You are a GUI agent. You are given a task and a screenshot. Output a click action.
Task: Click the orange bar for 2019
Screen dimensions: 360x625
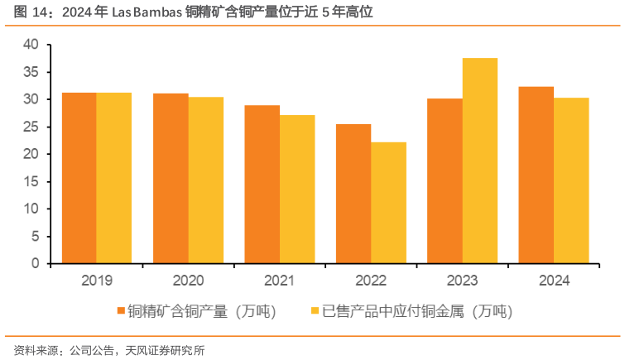tap(79, 178)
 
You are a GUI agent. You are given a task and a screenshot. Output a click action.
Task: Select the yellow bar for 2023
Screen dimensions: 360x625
tap(479, 161)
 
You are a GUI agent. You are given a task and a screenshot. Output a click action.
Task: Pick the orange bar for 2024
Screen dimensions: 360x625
tap(536, 175)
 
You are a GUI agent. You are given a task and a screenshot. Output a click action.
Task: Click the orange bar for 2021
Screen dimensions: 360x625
tap(262, 185)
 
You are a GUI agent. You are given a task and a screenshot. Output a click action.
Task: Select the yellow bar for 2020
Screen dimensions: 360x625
tap(205, 180)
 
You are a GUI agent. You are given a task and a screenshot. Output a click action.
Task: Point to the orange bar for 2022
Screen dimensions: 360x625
tap(353, 194)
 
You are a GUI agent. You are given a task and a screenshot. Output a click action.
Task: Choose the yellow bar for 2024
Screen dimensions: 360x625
tap(571, 180)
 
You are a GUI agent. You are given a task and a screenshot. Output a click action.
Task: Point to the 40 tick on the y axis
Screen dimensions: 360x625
tap(31, 45)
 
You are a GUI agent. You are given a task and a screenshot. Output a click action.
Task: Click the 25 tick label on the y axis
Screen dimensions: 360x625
tap(31, 127)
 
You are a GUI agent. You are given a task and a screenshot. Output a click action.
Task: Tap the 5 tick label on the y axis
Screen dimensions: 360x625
tap(35, 236)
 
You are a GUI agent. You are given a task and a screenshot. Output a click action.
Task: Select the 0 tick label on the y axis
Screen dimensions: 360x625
tap(35, 263)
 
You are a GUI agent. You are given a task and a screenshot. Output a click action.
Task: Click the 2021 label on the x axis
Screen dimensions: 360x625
tap(280, 281)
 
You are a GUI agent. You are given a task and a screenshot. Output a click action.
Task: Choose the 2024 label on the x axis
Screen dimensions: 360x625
tap(554, 281)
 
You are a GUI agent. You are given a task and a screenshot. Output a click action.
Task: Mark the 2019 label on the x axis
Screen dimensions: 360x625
tap(97, 281)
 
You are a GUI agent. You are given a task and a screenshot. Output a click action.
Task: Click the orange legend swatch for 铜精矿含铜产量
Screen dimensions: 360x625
tap(121, 311)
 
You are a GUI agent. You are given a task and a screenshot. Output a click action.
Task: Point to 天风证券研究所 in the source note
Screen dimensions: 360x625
tap(165, 349)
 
